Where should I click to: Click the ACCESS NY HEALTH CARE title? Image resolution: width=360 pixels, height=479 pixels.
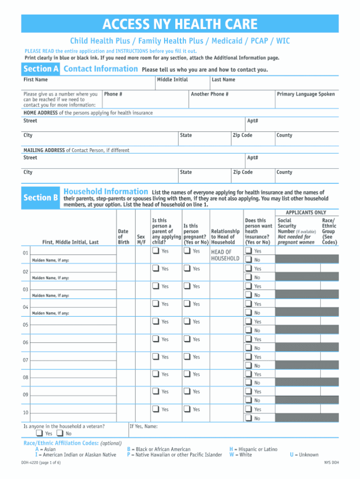180,24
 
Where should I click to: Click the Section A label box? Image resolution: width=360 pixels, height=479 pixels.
41,69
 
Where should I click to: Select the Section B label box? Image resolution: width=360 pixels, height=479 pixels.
41,198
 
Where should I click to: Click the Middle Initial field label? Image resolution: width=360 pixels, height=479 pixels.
172,80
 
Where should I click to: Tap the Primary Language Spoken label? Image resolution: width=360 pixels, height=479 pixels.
306,94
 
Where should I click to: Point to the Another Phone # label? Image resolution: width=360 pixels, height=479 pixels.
210,94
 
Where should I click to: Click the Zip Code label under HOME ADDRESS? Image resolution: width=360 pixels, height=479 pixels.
242,136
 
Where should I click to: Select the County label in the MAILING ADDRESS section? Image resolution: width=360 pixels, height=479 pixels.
284,172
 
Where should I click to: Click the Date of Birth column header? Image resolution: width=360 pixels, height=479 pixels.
123,236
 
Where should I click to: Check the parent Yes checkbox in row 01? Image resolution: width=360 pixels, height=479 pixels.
155,251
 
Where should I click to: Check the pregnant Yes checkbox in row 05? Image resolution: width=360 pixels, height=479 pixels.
187,322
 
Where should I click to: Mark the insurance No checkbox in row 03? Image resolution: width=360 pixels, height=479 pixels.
248,295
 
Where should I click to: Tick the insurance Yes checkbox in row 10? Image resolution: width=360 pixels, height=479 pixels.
248,410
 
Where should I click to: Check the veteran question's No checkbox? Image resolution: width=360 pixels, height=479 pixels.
60,433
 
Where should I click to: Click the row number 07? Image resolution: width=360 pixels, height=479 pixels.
26,360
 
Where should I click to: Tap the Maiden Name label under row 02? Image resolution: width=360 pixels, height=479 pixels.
50,278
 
